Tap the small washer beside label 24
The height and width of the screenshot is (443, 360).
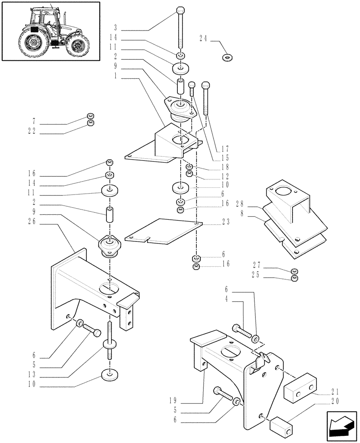pyautogui.click(x=229, y=57)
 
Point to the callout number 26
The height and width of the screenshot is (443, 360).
pyautogui.click(x=33, y=224)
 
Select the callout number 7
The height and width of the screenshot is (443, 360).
pyautogui.click(x=35, y=120)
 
